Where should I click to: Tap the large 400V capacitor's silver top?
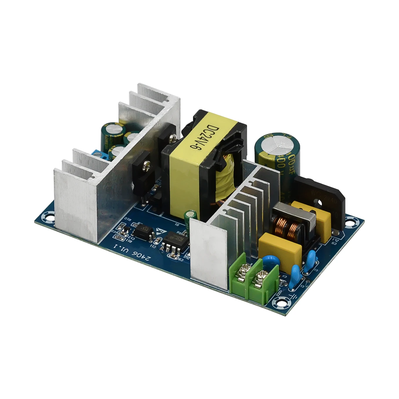click(275, 142)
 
